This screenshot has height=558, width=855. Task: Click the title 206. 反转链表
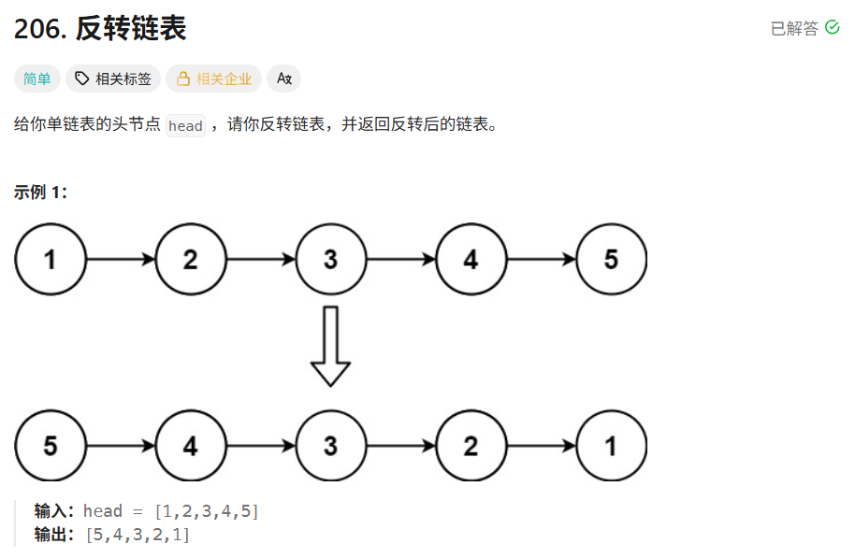[x=100, y=29]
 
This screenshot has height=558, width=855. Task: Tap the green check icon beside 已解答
[x=833, y=28]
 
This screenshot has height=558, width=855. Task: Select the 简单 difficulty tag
[x=37, y=79]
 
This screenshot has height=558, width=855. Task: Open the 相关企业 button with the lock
[x=214, y=79]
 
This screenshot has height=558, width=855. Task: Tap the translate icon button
[x=283, y=79]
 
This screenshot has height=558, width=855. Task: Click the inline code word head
[x=185, y=125]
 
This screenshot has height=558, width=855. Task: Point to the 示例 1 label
[x=40, y=193]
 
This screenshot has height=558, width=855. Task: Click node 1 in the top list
[x=51, y=259]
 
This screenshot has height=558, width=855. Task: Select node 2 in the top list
[x=191, y=259]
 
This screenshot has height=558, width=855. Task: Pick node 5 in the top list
[x=612, y=259]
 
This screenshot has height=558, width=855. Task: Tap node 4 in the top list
[x=471, y=259]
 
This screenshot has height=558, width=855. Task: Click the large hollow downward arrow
[x=330, y=346]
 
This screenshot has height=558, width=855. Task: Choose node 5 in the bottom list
[x=51, y=446]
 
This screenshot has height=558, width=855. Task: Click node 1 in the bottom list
[x=612, y=446]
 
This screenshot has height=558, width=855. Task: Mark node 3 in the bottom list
[x=330, y=446]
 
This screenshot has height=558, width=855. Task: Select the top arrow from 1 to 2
[x=121, y=259]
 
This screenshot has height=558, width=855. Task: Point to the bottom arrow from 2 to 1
[x=542, y=446]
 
